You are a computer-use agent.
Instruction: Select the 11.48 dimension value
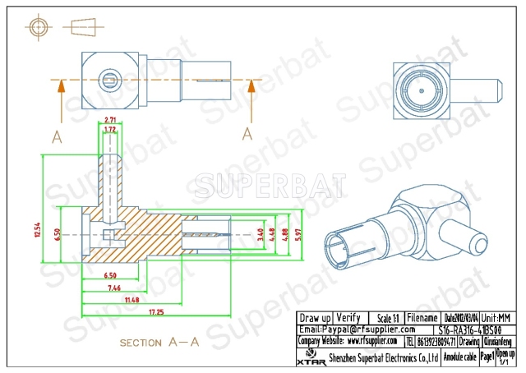click(x=131, y=301)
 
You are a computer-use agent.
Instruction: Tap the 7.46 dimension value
click(x=113, y=289)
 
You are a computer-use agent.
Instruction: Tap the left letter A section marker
click(x=56, y=136)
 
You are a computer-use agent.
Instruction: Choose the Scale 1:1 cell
click(x=384, y=317)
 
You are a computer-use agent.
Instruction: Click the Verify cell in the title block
click(x=348, y=317)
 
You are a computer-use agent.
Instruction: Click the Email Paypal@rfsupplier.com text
click(x=346, y=329)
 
